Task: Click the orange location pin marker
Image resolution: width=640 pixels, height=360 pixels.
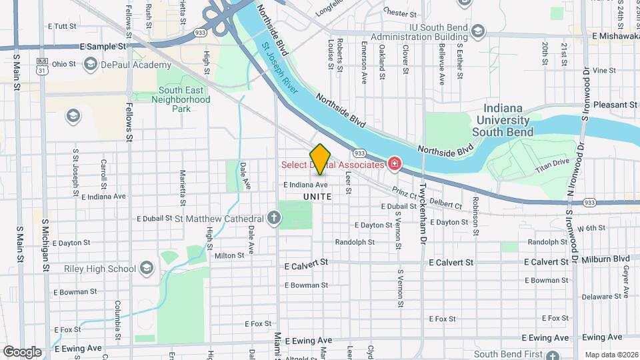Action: click(320, 159)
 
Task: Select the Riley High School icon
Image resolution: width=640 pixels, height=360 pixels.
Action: click(147, 269)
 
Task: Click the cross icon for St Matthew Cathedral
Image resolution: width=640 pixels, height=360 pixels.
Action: click(273, 218)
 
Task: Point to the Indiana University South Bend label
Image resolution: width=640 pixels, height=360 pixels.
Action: click(503, 121)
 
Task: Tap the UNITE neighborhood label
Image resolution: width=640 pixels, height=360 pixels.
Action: click(317, 197)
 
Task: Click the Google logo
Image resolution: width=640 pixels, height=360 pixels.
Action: click(21, 351)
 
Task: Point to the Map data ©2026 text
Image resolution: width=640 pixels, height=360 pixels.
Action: click(611, 355)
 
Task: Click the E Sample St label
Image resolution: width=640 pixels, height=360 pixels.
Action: click(103, 47)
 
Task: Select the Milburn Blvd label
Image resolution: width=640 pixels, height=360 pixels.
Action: click(605, 259)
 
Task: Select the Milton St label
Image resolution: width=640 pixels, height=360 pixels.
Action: click(229, 255)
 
